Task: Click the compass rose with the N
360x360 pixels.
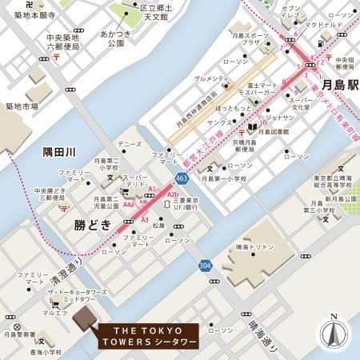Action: (x=334, y=333)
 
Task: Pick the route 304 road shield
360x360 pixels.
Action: (x=206, y=266)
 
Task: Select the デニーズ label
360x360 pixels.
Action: (x=130, y=144)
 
